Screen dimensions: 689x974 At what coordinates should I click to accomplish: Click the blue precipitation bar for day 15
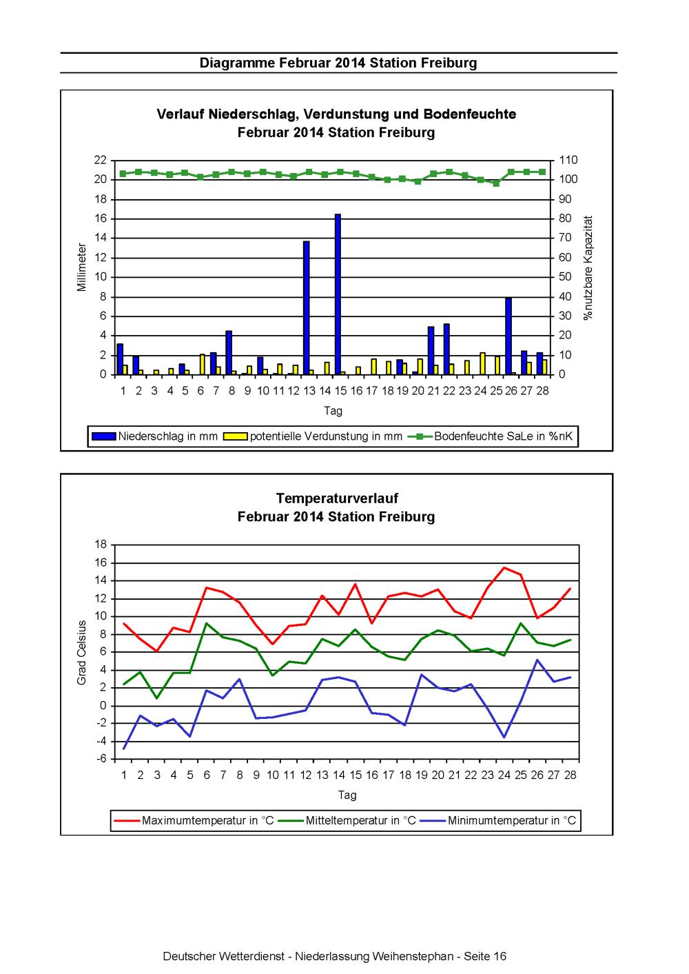tap(338, 294)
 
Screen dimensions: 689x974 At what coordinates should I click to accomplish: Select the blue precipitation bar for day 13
tap(307, 307)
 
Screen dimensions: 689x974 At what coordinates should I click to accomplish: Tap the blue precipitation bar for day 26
tap(508, 336)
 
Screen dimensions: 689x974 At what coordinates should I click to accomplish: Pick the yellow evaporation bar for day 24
tap(482, 363)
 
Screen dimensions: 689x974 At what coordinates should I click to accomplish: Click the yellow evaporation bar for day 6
tap(203, 365)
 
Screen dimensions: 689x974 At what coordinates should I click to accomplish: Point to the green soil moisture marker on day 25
tap(496, 183)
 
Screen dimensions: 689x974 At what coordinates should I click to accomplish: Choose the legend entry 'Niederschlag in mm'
tap(154, 436)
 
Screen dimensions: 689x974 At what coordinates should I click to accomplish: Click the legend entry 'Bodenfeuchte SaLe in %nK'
tap(491, 436)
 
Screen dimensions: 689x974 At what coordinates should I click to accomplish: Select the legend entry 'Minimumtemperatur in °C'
tap(499, 820)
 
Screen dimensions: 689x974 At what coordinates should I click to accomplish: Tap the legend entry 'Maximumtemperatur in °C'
tap(194, 820)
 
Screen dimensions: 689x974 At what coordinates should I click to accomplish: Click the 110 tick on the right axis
tap(568, 160)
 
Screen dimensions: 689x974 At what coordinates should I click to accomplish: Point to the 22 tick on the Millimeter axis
tap(101, 160)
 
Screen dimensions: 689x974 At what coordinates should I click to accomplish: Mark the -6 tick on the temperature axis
tap(101, 758)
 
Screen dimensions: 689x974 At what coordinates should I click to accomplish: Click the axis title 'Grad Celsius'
tap(82, 653)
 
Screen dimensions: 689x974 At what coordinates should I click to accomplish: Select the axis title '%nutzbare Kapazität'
tap(588, 268)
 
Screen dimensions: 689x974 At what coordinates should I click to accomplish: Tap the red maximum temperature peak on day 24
tap(504, 567)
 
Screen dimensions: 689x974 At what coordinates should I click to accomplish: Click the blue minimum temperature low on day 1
tap(124, 749)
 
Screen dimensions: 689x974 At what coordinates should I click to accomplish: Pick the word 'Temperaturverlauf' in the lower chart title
tap(337, 498)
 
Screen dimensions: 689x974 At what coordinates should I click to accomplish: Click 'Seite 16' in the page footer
tap(484, 956)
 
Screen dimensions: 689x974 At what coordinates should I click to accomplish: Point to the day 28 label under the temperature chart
tap(570, 775)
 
